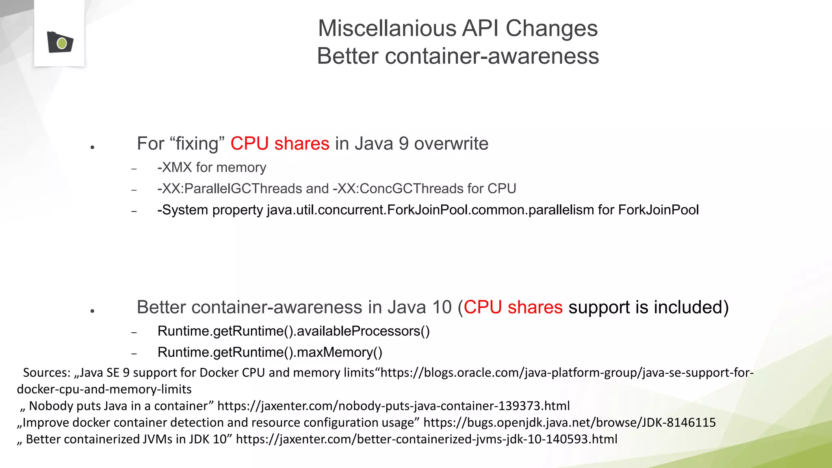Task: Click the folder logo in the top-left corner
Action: [60, 42]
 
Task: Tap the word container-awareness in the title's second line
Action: [492, 56]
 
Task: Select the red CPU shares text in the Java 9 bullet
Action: [280, 143]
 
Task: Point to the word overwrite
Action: [451, 143]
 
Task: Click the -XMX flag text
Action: [174, 167]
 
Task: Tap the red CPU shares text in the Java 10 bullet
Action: [513, 307]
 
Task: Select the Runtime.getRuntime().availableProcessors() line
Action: [293, 331]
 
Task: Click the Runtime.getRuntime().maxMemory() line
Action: [270, 352]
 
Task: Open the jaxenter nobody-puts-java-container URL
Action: [393, 406]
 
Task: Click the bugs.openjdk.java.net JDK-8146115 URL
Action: [569, 422]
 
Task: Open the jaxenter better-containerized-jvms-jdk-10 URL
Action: [426, 439]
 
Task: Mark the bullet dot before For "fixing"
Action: [93, 147]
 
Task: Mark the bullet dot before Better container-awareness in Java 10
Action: [93, 311]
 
